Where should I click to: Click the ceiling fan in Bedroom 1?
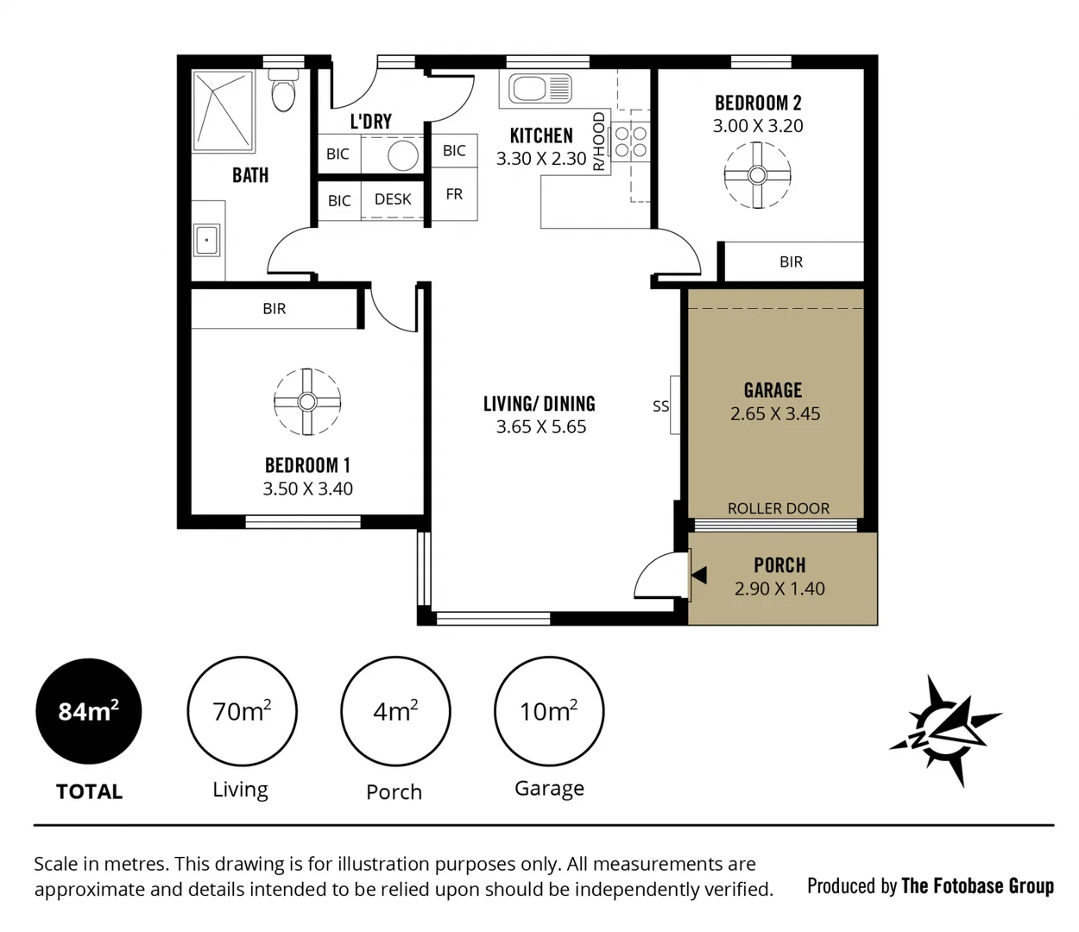pyautogui.click(x=307, y=401)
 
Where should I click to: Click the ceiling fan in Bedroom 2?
pyautogui.click(x=757, y=175)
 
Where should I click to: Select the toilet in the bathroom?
pyautogui.click(x=283, y=91)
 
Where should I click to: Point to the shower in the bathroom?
pyautogui.click(x=223, y=110)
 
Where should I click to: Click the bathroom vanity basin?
pyautogui.click(x=207, y=240)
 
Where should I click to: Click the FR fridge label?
pyautogui.click(x=454, y=195)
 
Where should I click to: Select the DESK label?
pyautogui.click(x=393, y=199)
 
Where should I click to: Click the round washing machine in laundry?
pyautogui.click(x=402, y=155)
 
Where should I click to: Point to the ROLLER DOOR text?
pyautogui.click(x=778, y=508)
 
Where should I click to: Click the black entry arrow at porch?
pyautogui.click(x=698, y=576)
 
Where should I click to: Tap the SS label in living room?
pyautogui.click(x=660, y=406)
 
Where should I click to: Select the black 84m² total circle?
pyautogui.click(x=88, y=712)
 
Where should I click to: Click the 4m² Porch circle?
pyautogui.click(x=395, y=712)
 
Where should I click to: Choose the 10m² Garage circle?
pyautogui.click(x=548, y=712)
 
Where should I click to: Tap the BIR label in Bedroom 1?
pyautogui.click(x=274, y=309)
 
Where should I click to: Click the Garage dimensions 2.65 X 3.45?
pyautogui.click(x=774, y=414)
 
